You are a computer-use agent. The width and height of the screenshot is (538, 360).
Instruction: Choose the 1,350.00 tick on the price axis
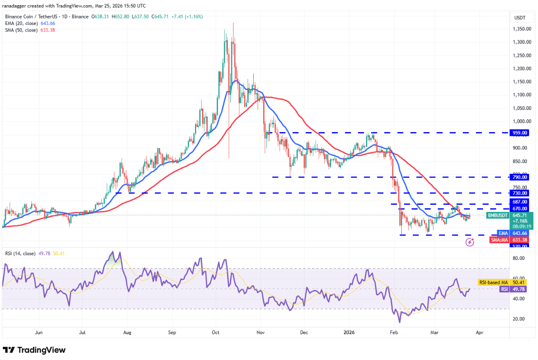(x=522, y=29)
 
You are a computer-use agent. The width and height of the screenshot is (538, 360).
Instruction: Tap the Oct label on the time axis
(x=216, y=332)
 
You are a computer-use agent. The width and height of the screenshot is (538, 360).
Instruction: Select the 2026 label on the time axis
(x=348, y=332)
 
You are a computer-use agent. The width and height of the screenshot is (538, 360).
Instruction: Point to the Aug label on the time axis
(x=127, y=332)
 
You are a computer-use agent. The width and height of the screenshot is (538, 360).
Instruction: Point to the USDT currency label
(x=520, y=17)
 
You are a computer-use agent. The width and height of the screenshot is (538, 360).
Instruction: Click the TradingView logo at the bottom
(x=34, y=350)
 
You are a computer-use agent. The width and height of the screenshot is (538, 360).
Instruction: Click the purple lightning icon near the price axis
(x=469, y=242)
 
